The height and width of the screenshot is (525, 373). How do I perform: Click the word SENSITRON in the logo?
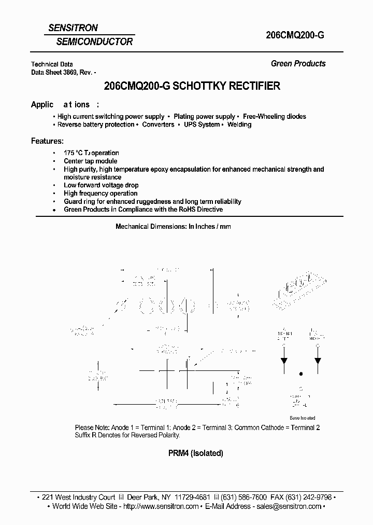click(73, 28)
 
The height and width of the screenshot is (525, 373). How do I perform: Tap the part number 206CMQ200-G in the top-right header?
click(295, 35)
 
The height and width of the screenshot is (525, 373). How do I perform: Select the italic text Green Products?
click(298, 64)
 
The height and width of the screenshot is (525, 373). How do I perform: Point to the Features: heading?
click(48, 141)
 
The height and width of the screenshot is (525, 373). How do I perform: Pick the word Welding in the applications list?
click(239, 125)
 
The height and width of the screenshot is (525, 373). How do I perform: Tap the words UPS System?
click(202, 125)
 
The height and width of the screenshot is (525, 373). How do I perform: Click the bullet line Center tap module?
click(91, 161)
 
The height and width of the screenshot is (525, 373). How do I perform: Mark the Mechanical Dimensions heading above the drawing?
click(173, 227)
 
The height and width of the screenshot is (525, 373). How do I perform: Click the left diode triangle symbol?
click(284, 361)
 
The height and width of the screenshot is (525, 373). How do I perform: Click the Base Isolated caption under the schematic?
click(302, 418)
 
